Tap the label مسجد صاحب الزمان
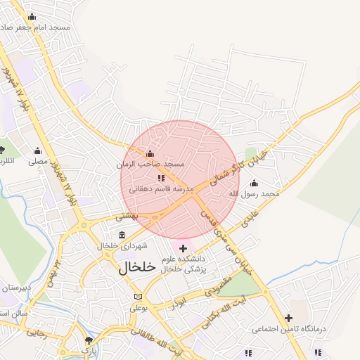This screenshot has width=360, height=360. [x=150, y=164]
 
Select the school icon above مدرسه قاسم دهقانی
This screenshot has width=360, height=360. [x=160, y=179]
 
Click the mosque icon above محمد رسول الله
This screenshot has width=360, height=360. [x=254, y=183]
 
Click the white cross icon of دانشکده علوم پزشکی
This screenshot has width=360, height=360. [x=184, y=247]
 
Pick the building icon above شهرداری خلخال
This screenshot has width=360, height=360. [x=122, y=235]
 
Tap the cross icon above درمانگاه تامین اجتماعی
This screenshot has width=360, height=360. [x=288, y=318]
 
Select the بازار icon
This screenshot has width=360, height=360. [x=88, y=340]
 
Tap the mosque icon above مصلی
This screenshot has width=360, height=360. [x=37, y=150]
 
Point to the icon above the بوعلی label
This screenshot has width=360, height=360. [x=137, y=297]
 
